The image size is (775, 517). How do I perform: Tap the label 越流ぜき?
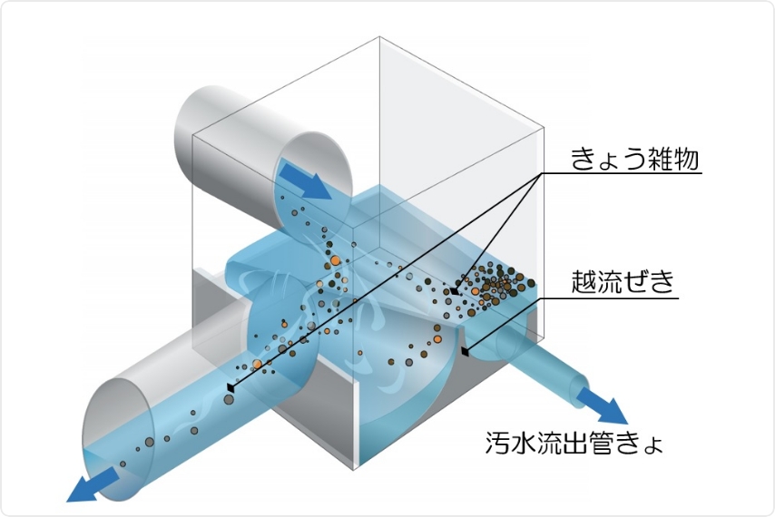pos(623,281)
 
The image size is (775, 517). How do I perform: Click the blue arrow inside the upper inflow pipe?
pos(304,180)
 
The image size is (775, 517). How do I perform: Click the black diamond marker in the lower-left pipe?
pos(231,387)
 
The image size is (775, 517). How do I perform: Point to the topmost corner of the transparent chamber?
pos(380,37)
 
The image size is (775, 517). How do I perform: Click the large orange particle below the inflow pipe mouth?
pos(335,261)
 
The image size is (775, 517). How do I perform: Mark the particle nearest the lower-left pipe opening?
pos(123,463)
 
